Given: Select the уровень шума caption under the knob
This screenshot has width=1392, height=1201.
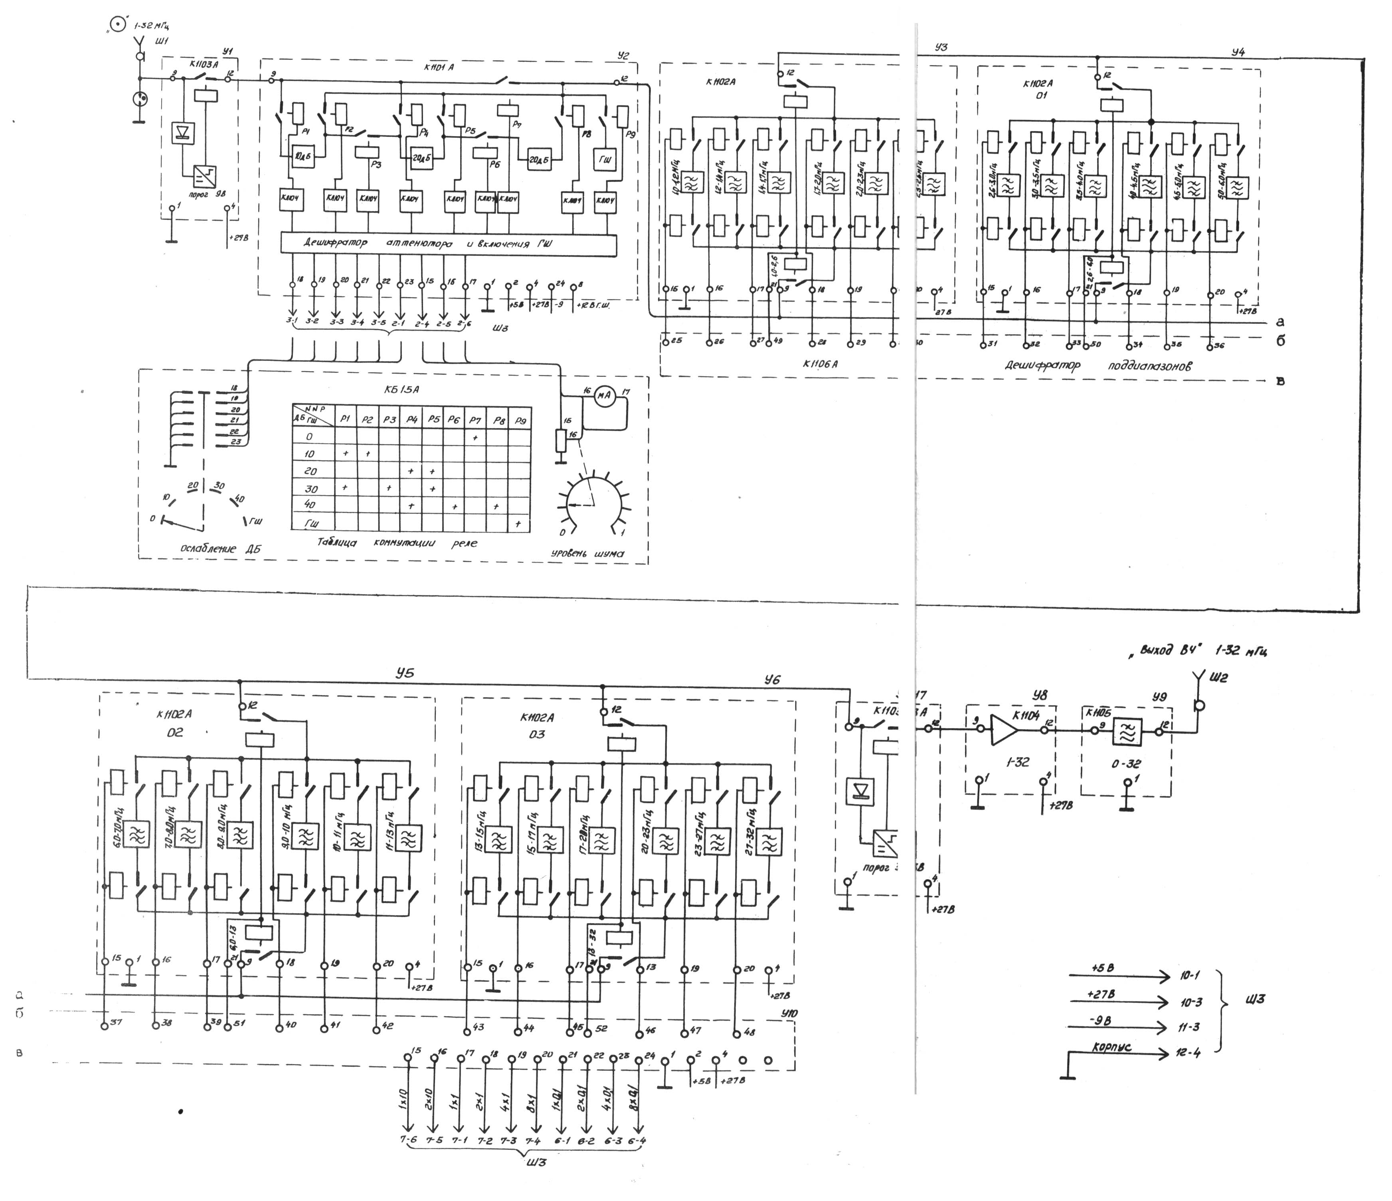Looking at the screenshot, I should click(587, 554).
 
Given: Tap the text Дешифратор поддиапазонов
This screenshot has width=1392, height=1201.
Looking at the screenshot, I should click(1099, 366).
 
